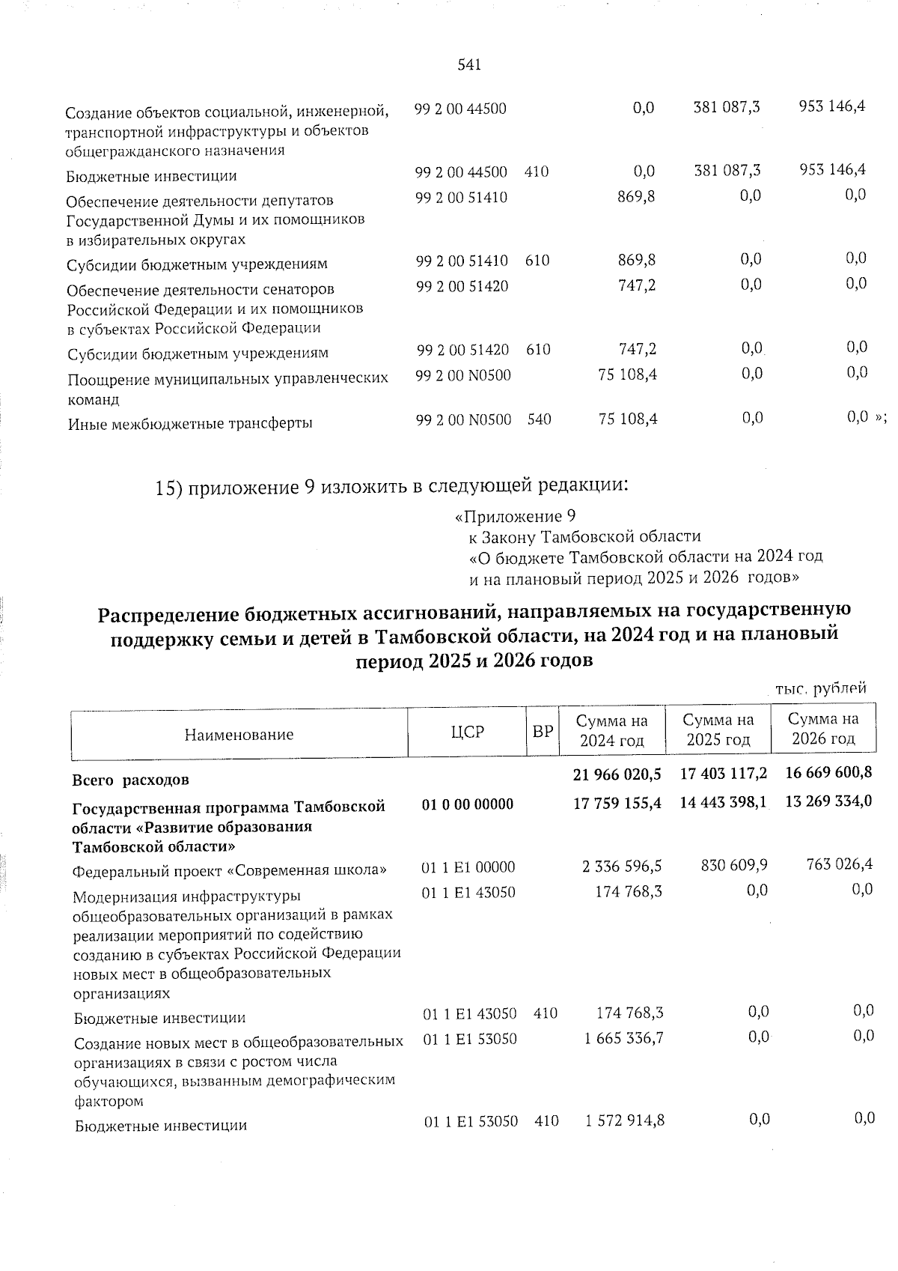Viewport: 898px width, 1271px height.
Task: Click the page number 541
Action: pyautogui.click(x=468, y=65)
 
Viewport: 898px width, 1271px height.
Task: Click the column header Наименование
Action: pyautogui.click(x=239, y=735)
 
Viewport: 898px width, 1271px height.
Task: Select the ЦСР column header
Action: pyautogui.click(x=468, y=732)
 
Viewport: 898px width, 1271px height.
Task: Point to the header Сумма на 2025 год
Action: pyautogui.click(x=718, y=730)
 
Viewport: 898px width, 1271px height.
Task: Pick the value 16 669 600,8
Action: pyautogui.click(x=828, y=772)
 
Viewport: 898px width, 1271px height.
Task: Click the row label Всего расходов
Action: pyautogui.click(x=130, y=780)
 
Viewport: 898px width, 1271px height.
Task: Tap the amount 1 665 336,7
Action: pyautogui.click(x=624, y=1039)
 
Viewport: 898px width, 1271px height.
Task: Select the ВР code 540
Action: pyautogui.click(x=539, y=419)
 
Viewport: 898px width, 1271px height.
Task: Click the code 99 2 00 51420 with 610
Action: pyautogui.click(x=462, y=350)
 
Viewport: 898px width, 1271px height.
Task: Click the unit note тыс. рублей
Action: pyautogui.click(x=821, y=688)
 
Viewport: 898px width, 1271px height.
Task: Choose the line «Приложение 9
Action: pyautogui.click(x=515, y=517)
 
